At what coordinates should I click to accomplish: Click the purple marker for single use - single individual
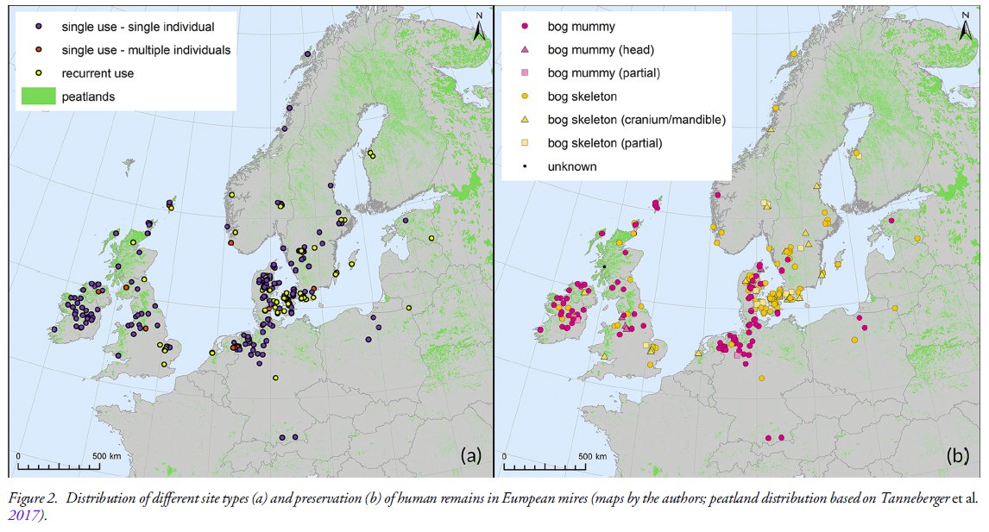pyautogui.click(x=40, y=28)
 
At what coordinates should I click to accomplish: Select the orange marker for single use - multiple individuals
pyautogui.click(x=40, y=51)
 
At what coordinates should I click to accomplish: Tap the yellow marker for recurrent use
pyautogui.click(x=40, y=74)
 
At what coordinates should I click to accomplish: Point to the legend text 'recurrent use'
pyautogui.click(x=98, y=74)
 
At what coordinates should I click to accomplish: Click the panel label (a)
pyautogui.click(x=470, y=455)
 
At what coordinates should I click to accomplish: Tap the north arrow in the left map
pyautogui.click(x=480, y=28)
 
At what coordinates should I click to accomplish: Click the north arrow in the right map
pyautogui.click(x=966, y=28)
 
